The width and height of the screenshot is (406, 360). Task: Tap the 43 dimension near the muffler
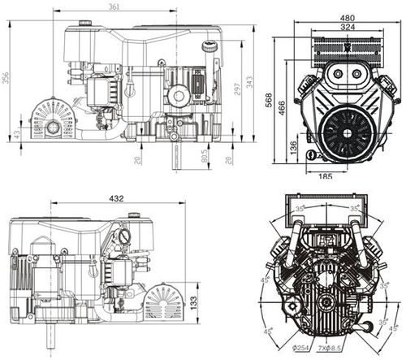click(x=18, y=132)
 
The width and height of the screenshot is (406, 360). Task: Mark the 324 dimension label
click(x=348, y=28)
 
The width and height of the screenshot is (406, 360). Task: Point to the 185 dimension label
click(x=326, y=176)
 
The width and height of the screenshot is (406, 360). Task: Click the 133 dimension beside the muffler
click(x=192, y=301)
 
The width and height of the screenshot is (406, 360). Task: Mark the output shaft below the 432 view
click(x=50, y=334)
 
